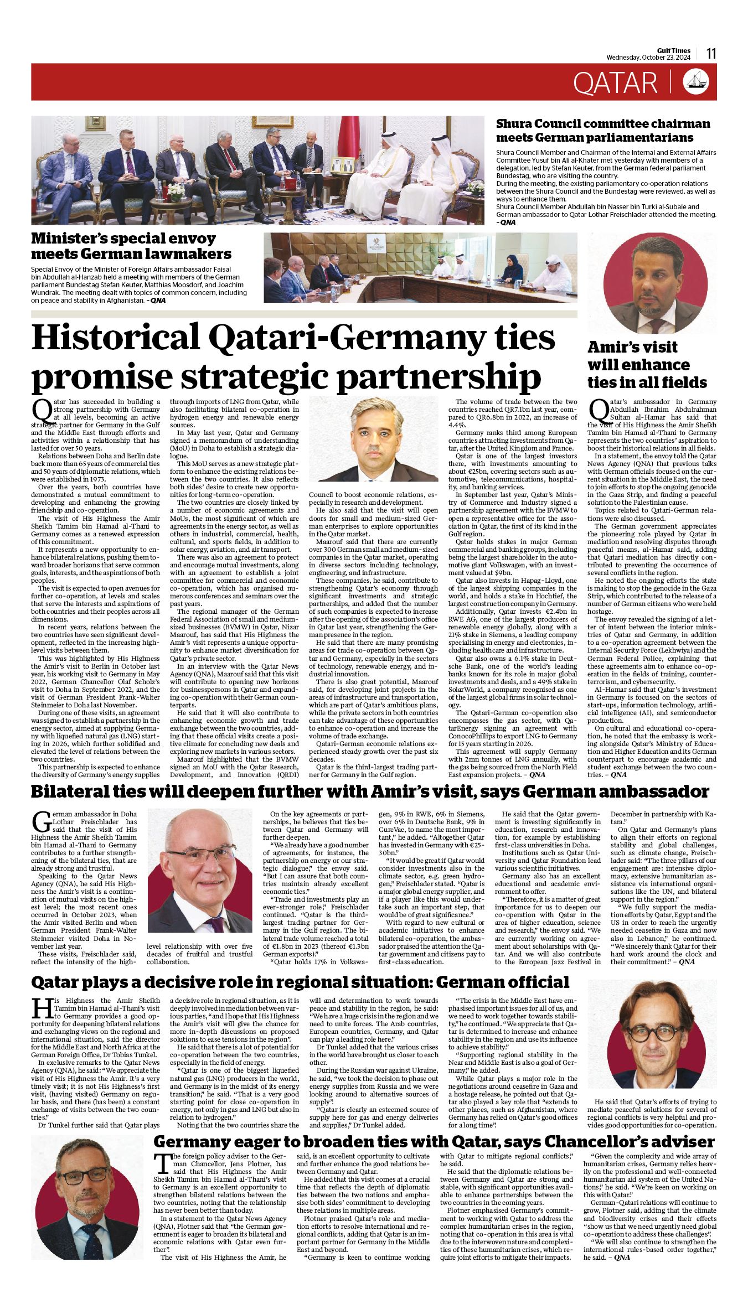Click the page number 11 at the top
pyautogui.click(x=711, y=53)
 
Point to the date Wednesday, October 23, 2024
pyautogui.click(x=648, y=57)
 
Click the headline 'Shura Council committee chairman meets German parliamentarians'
pyautogui.click(x=602, y=130)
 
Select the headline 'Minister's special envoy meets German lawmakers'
pyautogui.click(x=131, y=246)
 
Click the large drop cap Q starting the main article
pyautogui.click(x=42, y=409)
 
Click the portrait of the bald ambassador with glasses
pyautogui.click(x=200, y=877)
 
